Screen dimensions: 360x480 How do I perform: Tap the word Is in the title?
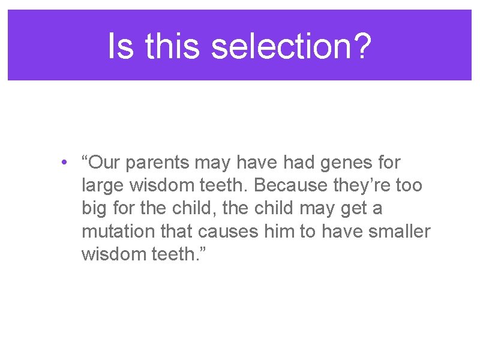click(x=121, y=46)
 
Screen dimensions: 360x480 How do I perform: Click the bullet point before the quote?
click(x=63, y=163)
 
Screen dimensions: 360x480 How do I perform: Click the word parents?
click(x=158, y=163)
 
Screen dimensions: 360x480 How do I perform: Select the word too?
click(x=409, y=186)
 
